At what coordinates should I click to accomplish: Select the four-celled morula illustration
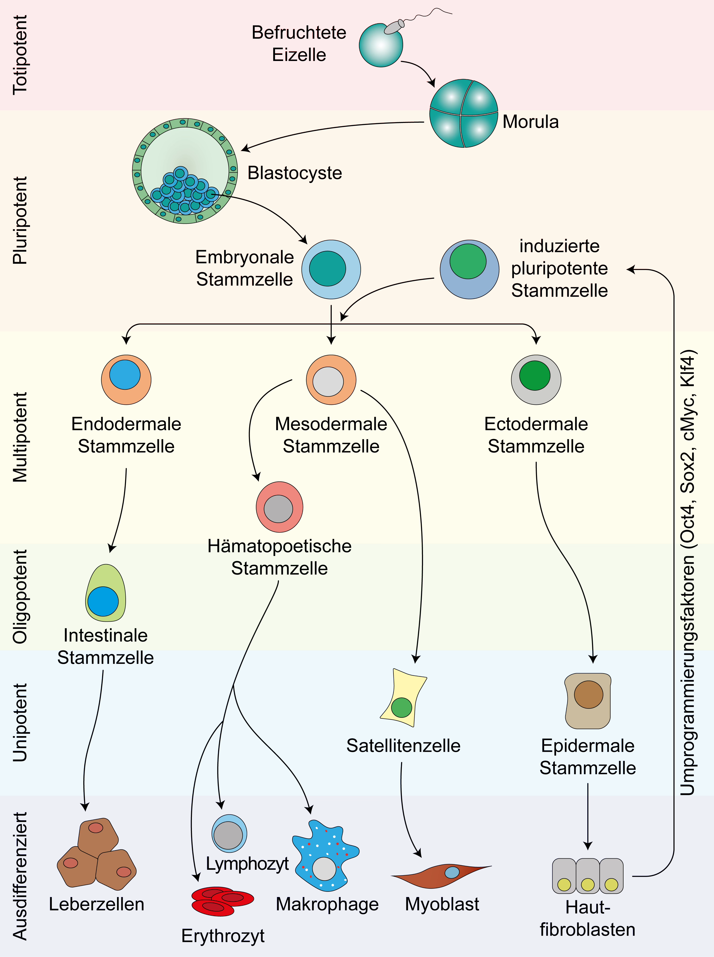point(463,113)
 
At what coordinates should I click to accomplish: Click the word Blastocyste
point(295,173)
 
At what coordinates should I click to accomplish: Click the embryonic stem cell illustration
point(331,269)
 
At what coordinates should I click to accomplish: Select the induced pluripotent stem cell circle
point(469,269)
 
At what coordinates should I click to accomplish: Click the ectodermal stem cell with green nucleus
point(536,379)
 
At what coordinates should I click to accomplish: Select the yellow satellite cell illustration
point(403,697)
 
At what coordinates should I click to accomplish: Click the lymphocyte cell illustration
point(229,833)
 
